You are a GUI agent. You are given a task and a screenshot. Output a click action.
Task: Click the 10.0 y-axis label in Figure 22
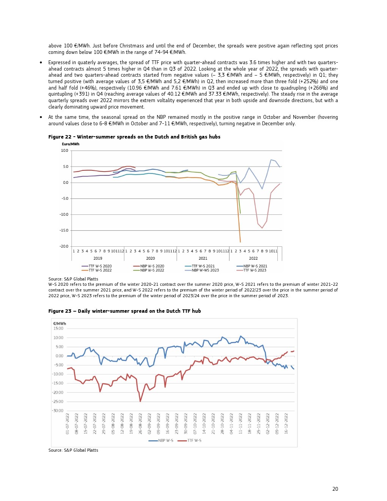pyautogui.click(x=64, y=151)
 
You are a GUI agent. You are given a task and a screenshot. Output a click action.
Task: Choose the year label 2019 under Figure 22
pyautogui.click(x=98, y=258)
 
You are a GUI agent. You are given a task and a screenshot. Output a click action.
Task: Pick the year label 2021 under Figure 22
pyautogui.click(x=203, y=258)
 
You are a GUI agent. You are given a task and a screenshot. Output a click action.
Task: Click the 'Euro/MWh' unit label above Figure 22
pyautogui.click(x=71, y=144)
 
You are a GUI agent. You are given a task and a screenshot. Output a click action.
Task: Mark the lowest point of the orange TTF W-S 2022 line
pyautogui.click(x=240, y=242)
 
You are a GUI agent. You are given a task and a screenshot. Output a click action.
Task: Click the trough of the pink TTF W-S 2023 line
pyautogui.click(x=262, y=228)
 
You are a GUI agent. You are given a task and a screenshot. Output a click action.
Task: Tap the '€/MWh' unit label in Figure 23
pyautogui.click(x=60, y=324)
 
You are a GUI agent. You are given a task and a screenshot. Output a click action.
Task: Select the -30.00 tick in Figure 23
pyautogui.click(x=58, y=411)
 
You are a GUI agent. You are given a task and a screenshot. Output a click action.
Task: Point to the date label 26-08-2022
pyautogui.click(x=140, y=424)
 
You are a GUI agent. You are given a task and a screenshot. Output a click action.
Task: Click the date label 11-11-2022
pyautogui.click(x=241, y=424)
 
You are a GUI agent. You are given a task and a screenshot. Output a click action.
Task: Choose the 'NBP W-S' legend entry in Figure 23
pyautogui.click(x=165, y=441)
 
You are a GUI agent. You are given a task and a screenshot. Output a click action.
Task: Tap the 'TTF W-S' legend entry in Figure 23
pyautogui.click(x=194, y=441)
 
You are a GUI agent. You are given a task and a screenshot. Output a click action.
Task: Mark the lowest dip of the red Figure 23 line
pyautogui.click(x=140, y=401)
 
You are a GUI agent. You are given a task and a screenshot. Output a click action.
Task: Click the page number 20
pyautogui.click(x=335, y=489)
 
